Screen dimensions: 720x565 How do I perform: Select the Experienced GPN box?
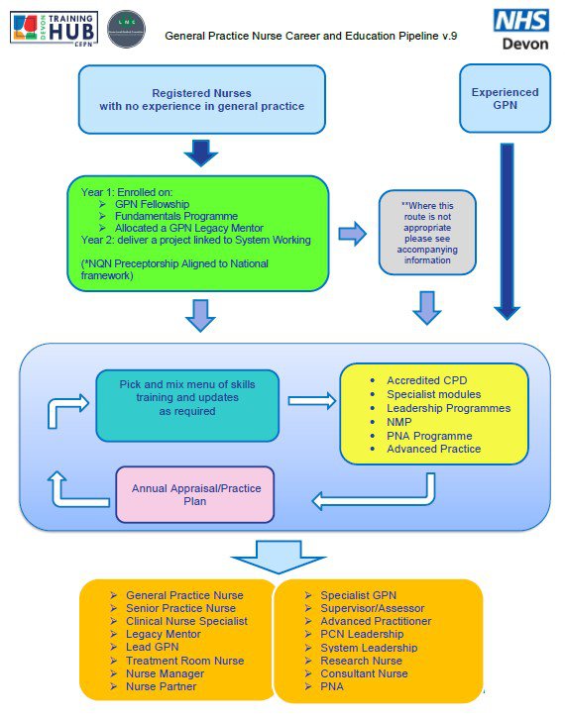[x=506, y=99]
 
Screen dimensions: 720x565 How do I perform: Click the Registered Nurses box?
[x=201, y=99]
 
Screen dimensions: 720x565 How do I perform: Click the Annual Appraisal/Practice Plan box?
[x=195, y=494]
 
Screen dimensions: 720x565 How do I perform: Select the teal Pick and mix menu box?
[x=187, y=404]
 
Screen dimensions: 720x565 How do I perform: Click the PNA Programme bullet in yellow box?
[x=428, y=436]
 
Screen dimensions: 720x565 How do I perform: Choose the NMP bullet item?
[x=399, y=422]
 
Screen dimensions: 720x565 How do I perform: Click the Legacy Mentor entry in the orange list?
[x=165, y=635]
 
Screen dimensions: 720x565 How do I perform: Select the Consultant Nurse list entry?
[x=364, y=673]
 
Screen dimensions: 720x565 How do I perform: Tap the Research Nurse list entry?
[x=361, y=661]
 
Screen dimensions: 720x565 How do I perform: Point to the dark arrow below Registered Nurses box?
[x=201, y=153]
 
